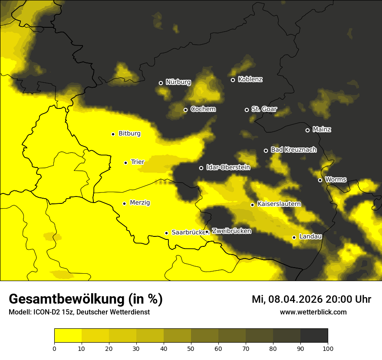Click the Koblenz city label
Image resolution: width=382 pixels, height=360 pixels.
[250, 79]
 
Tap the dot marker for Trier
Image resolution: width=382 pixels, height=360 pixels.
[125, 163]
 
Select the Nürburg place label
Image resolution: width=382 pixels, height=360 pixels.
[178, 82]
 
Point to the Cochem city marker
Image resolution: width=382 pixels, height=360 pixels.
[185, 110]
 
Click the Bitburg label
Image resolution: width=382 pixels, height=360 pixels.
[129, 134]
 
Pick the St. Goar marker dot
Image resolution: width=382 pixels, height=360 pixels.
[247, 110]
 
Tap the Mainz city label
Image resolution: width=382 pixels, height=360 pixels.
[322, 130]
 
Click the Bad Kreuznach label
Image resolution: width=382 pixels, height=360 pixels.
[293, 150]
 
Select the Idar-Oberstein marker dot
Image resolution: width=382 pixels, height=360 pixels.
[201, 168]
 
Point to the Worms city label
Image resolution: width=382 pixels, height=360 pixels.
[336, 180]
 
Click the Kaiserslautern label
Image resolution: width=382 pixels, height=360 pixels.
[279, 204]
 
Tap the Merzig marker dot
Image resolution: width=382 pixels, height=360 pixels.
[124, 203]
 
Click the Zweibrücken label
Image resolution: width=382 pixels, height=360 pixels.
[231, 231]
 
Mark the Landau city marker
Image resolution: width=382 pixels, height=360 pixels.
[294, 237]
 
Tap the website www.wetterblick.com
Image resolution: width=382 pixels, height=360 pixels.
[313, 312]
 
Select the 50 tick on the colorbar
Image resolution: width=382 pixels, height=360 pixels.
[191, 348]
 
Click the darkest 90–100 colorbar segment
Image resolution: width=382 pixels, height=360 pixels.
[314, 336]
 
